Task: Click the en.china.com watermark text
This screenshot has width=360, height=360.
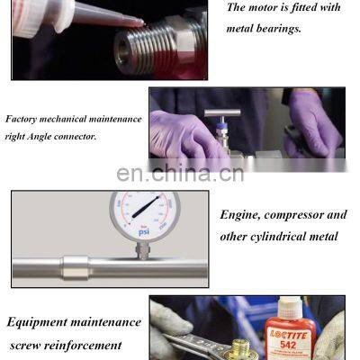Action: click(180, 173)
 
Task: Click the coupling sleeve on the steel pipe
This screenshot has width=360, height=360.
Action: click(76, 267)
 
